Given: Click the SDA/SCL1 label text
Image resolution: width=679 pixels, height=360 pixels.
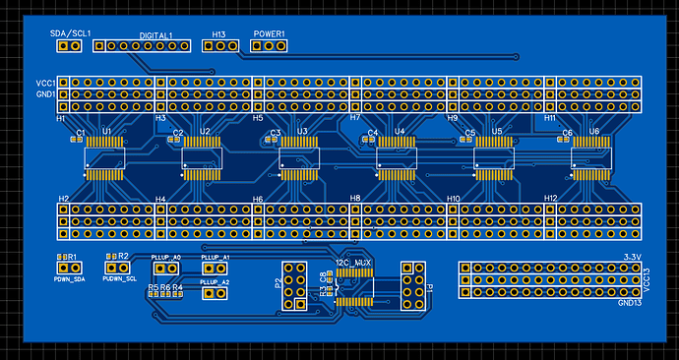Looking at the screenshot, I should [70, 33].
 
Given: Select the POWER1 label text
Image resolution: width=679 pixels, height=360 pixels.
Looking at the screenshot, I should [269, 34].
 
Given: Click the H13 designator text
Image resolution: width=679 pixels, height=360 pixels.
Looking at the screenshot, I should [218, 34].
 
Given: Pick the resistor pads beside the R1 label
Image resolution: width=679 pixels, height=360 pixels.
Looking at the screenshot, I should [66, 267].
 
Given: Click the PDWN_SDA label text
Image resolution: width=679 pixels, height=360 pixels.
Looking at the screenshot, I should [70, 280].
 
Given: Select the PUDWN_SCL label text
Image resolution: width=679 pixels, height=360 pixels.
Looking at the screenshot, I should [120, 279].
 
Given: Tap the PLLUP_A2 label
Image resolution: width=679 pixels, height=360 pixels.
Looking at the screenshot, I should [216, 281].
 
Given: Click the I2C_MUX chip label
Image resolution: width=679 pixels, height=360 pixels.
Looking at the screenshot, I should [353, 263].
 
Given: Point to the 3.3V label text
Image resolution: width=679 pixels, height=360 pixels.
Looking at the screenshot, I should [633, 258].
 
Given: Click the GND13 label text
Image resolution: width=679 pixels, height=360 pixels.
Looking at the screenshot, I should [630, 304].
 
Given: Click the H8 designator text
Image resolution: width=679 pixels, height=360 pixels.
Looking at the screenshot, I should [356, 200].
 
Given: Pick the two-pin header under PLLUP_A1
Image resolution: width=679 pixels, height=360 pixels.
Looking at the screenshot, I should [216, 268].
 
